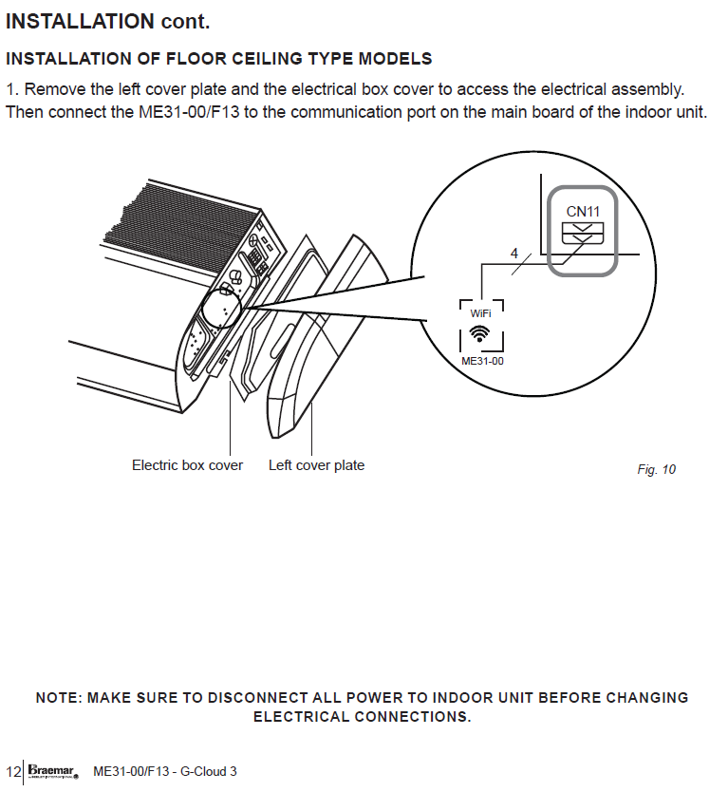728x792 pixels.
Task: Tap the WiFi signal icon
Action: pyautogui.click(x=480, y=333)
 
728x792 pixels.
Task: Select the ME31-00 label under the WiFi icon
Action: pyautogui.click(x=481, y=361)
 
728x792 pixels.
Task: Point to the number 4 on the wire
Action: pyautogui.click(x=514, y=255)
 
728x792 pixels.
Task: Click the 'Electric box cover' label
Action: pyautogui.click(x=187, y=465)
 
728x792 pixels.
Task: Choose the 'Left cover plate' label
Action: pyautogui.click(x=316, y=465)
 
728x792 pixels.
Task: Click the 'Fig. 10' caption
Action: pyautogui.click(x=656, y=469)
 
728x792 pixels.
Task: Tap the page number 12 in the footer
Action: pyautogui.click(x=12, y=770)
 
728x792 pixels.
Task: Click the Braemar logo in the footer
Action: pyautogui.click(x=51, y=770)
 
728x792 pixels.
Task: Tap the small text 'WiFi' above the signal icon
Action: pyautogui.click(x=480, y=312)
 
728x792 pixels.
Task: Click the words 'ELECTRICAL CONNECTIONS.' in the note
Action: pyautogui.click(x=362, y=717)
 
